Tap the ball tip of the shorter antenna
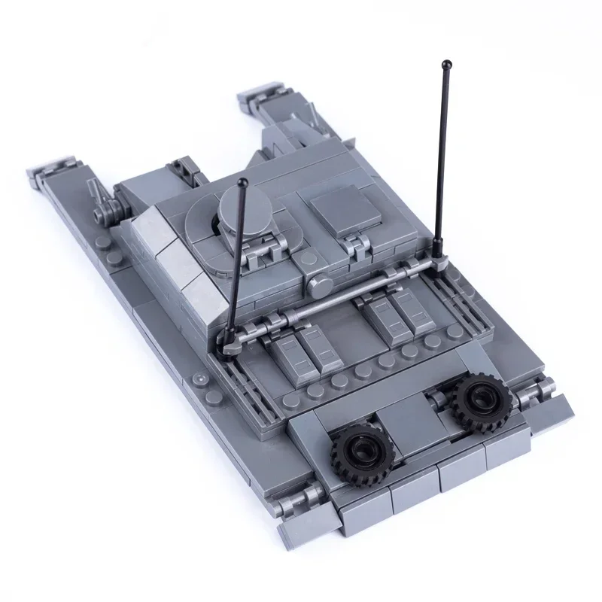(244, 183)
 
